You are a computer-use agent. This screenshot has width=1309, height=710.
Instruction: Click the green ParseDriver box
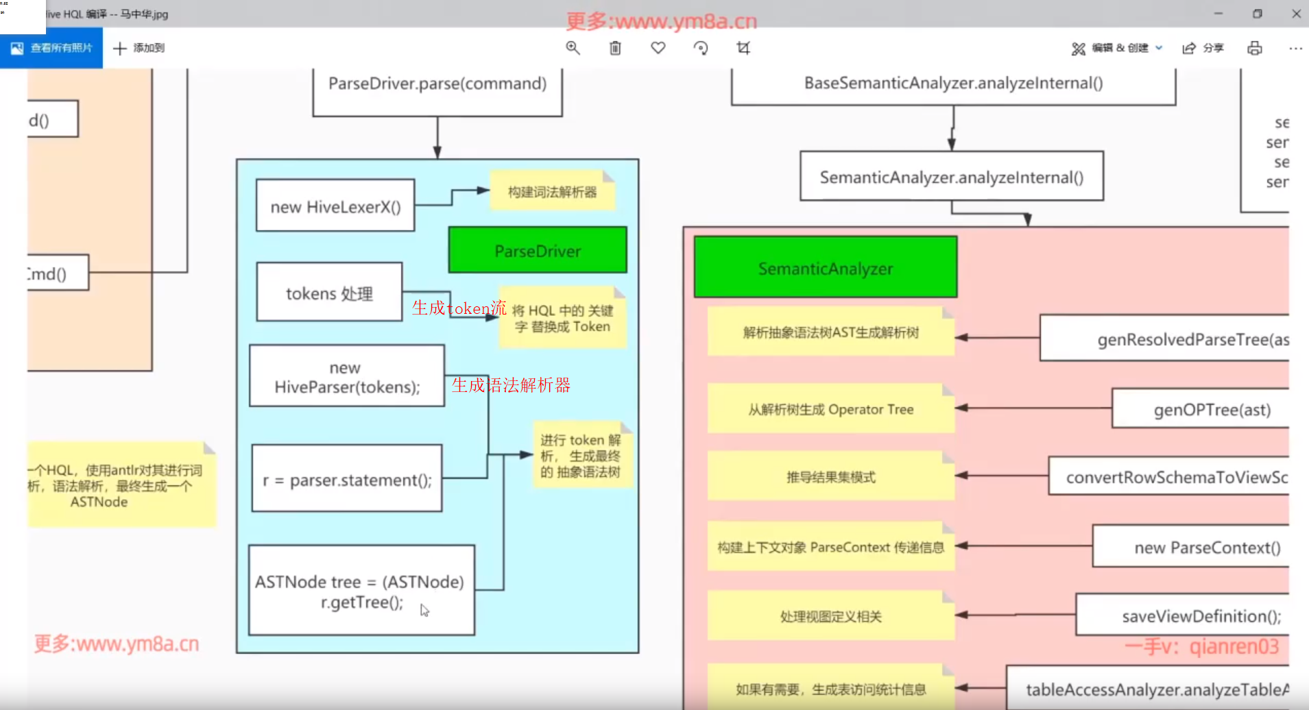tap(538, 250)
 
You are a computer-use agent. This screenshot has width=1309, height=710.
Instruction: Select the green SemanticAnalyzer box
tap(826, 267)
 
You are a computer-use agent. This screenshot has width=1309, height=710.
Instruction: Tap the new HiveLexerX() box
tap(335, 206)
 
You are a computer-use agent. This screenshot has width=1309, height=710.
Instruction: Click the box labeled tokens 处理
tap(329, 292)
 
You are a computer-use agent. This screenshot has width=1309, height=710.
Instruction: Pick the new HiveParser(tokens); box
tap(347, 376)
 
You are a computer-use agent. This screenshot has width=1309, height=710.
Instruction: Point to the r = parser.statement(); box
tap(347, 478)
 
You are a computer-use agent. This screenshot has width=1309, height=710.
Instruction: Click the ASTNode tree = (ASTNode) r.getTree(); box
tap(361, 591)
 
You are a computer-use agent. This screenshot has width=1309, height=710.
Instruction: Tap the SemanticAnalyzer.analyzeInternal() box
tap(952, 177)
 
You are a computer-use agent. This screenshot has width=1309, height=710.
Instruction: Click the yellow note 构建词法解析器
tap(552, 191)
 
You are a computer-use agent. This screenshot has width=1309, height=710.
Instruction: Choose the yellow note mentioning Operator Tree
tap(830, 409)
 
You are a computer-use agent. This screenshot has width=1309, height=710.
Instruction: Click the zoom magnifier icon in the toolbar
tap(573, 48)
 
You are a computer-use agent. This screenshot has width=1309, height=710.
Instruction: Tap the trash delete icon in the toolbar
tap(615, 48)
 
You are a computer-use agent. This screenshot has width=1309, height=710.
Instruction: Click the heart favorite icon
tap(658, 48)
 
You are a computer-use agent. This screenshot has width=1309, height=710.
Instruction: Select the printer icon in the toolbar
tap(1254, 48)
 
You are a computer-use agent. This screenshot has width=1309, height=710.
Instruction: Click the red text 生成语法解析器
tap(511, 385)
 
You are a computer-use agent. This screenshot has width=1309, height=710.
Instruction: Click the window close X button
tap(1296, 14)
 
